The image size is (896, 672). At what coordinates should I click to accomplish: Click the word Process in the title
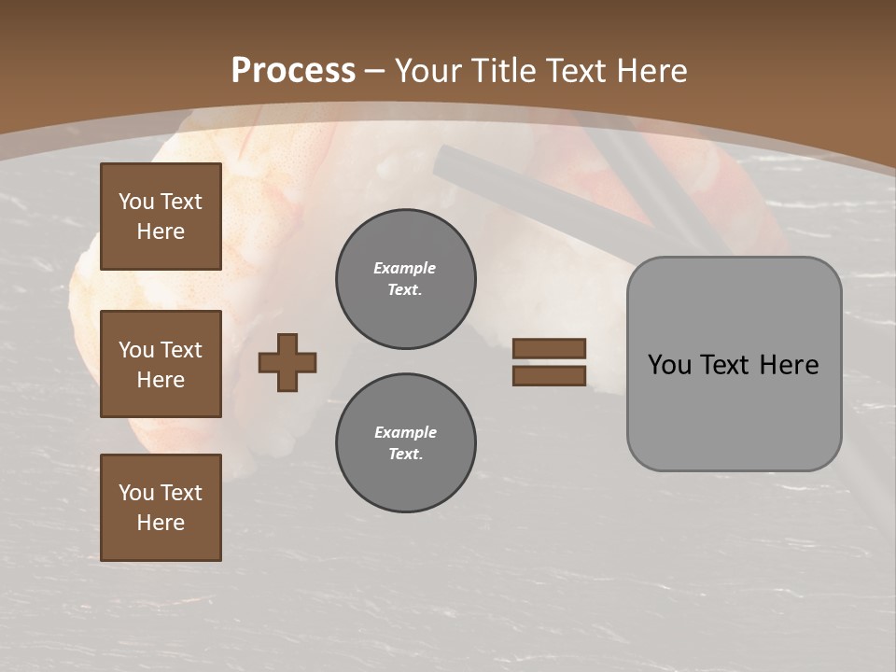click(x=293, y=71)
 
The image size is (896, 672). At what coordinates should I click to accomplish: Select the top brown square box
click(x=161, y=217)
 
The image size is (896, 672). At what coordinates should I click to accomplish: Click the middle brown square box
click(x=161, y=364)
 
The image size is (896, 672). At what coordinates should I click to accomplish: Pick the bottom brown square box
click(x=161, y=508)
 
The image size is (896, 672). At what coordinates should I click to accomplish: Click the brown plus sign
click(x=287, y=362)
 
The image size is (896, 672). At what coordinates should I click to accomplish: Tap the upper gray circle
click(x=406, y=279)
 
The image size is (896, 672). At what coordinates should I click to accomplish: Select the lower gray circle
click(x=406, y=443)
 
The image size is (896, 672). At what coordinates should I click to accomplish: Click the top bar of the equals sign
click(x=549, y=349)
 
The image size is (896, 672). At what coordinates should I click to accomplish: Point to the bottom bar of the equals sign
click(x=549, y=375)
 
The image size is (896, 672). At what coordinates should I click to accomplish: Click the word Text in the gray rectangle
click(x=729, y=365)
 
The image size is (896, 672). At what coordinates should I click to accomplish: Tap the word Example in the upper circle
click(x=404, y=268)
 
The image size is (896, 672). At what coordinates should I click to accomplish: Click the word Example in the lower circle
click(x=405, y=432)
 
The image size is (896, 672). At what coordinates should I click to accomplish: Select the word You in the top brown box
click(x=136, y=202)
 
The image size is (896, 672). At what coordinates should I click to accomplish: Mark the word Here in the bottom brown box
click(x=161, y=523)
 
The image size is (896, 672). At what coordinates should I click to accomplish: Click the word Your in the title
click(x=429, y=71)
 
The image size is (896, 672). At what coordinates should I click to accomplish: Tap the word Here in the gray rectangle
click(x=790, y=365)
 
